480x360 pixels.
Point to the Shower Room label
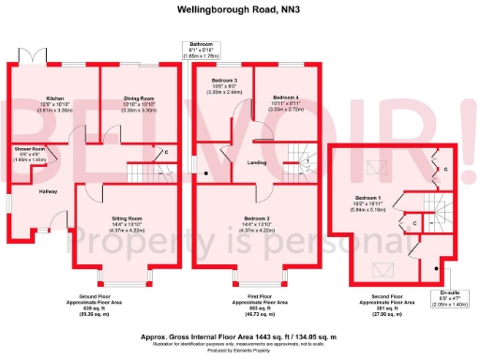(x=30, y=149)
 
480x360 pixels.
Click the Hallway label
(x=48, y=191)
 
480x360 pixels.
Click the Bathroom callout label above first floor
(x=201, y=44)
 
